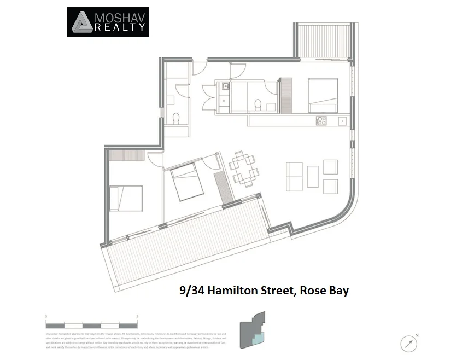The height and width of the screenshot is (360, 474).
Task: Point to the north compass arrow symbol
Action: pos(408,343)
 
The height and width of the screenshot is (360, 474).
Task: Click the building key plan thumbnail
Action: pos(252,330)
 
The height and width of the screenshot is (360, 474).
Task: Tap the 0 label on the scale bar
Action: pos(46,317)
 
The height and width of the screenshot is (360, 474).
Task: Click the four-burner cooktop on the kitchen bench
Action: pos(321,121)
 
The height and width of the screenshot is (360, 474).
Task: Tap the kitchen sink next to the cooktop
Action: pos(342,121)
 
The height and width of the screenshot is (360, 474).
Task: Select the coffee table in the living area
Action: pos(313,177)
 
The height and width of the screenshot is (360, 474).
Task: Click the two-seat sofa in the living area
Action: pos(294,177)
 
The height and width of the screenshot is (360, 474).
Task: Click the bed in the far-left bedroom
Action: pos(126,198)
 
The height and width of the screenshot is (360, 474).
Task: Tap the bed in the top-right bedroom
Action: pos(323,96)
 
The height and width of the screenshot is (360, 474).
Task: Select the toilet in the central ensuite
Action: pos(258,104)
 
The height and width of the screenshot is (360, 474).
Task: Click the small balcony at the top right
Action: pos(322,40)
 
